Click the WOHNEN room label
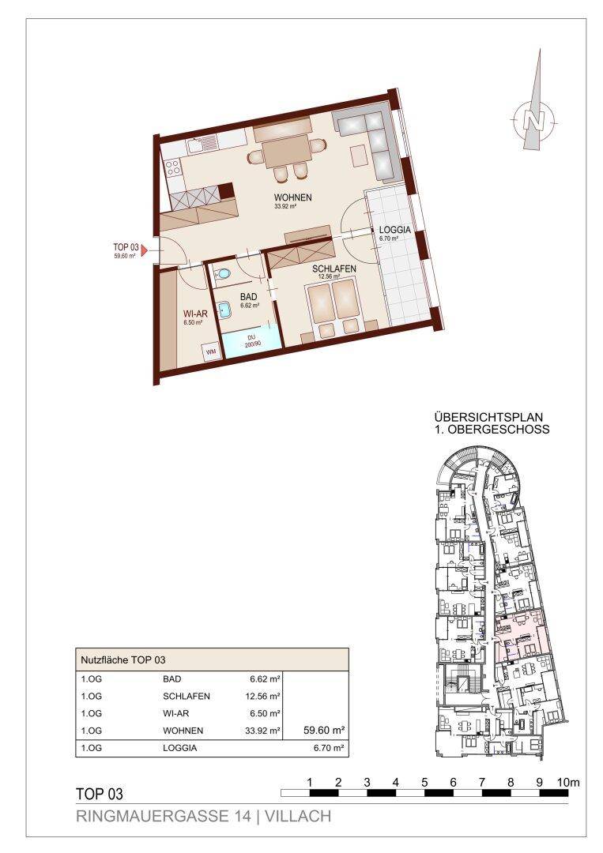[292, 197]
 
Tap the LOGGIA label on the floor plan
[394, 230]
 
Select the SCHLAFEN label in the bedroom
[334, 269]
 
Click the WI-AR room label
[195, 314]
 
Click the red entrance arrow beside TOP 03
[145, 250]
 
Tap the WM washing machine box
[210, 351]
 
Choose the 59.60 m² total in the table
[324, 731]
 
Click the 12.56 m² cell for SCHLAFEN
[262, 697]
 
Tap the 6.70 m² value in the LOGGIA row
[329, 748]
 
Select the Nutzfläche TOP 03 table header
[123, 660]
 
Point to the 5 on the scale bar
[424, 783]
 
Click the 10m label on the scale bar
[569, 783]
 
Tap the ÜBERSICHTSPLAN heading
[488, 418]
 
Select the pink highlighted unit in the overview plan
[521, 635]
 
